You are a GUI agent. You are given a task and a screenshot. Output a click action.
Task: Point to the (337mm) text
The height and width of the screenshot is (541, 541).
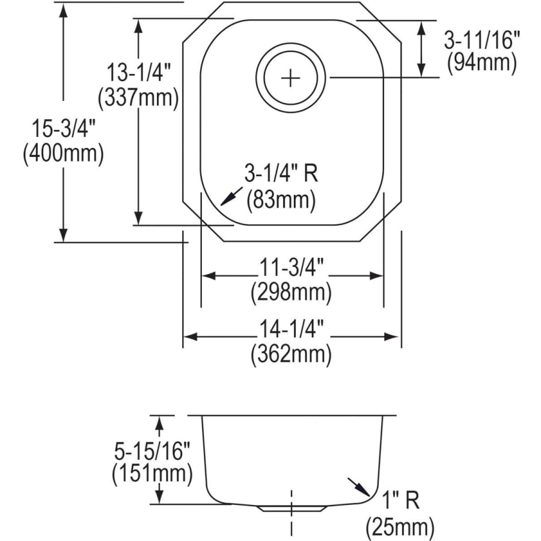pos(138,97)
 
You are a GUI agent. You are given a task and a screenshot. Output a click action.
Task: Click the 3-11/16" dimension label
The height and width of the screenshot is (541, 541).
pos(481,40)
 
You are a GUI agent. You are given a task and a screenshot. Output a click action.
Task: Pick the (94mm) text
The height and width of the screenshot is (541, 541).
pos(481,63)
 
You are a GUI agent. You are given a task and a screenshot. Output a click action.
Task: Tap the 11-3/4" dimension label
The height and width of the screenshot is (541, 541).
pos(292,267)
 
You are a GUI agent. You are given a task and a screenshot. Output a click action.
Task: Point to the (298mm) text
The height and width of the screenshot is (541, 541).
pos(292,293)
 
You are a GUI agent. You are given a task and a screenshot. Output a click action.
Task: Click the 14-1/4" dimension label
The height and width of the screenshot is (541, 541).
pos(292,329)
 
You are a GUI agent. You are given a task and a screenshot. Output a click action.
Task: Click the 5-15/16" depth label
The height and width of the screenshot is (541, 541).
pos(151,450)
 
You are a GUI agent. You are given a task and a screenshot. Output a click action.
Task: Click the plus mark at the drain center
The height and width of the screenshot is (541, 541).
pos(290,78)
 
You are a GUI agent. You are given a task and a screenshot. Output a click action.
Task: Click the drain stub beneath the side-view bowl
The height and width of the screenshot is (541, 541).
pos(292,508)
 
